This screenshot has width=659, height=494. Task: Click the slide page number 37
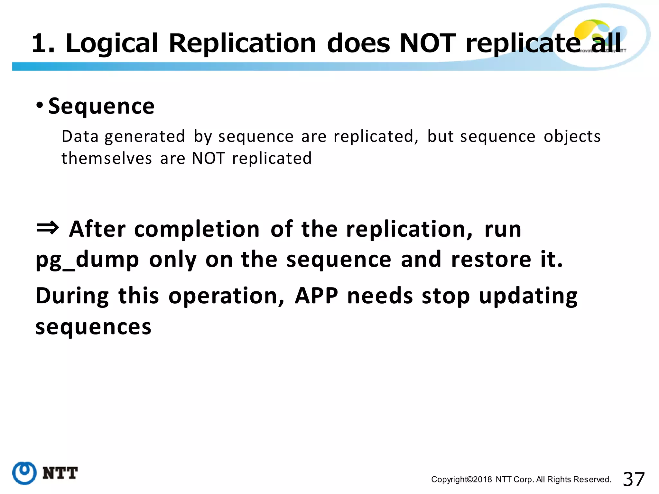[634, 479]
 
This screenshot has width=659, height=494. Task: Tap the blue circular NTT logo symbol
[24, 473]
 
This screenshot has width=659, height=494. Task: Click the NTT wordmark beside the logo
[60, 473]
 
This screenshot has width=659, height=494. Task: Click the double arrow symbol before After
[47, 228]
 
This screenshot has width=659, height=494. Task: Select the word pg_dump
[87, 260]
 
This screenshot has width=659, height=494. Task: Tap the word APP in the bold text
[316, 296]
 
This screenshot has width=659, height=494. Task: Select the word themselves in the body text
[107, 159]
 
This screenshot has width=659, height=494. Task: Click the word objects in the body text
[572, 136]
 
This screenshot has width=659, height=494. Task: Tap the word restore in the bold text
[491, 259]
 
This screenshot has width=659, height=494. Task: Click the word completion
[197, 229]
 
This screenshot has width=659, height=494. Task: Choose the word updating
[528, 296]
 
